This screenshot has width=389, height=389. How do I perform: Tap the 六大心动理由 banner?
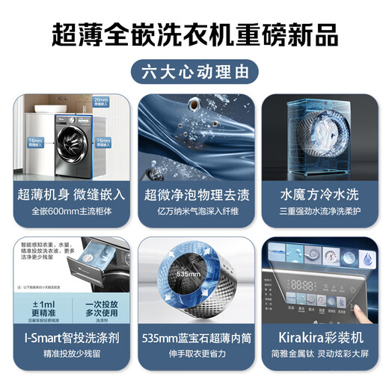tap(194, 73)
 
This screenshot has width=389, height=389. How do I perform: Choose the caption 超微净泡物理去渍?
tap(194, 194)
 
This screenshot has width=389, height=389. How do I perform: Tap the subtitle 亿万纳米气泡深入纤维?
tap(194, 212)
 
